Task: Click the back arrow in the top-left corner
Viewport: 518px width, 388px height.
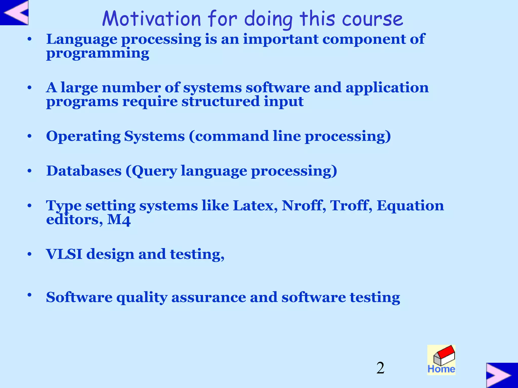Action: (x=14, y=13)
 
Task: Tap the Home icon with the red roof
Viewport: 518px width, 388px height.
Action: (x=441, y=360)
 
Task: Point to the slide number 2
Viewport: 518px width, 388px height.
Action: (x=380, y=368)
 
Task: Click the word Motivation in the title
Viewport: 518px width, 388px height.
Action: (x=152, y=19)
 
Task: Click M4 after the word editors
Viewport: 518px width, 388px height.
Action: (x=119, y=220)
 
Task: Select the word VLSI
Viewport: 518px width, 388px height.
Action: (x=64, y=254)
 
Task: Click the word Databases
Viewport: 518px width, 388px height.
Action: (x=84, y=171)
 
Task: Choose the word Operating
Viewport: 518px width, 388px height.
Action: (x=83, y=137)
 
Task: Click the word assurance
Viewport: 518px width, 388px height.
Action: (x=209, y=297)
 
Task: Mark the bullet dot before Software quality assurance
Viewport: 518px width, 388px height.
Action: (x=30, y=295)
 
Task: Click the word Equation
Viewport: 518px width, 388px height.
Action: (x=410, y=206)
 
